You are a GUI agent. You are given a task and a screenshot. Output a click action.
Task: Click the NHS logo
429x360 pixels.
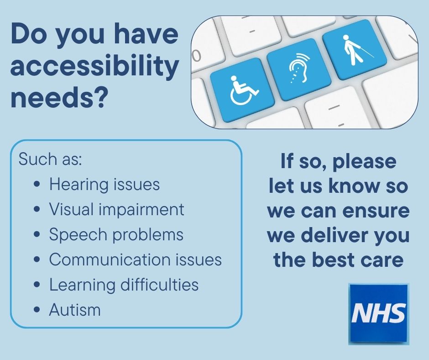379,313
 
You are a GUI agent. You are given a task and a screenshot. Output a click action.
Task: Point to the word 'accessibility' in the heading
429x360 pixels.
94,67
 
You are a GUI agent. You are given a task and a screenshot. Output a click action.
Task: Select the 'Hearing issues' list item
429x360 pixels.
105,185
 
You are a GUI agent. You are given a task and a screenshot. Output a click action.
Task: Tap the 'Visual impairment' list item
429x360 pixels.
117,209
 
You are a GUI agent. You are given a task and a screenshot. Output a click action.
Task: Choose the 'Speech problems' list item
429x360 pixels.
116,234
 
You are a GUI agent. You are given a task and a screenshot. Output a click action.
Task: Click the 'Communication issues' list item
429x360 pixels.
135,259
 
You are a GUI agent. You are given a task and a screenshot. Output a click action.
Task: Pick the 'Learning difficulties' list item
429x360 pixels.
124,285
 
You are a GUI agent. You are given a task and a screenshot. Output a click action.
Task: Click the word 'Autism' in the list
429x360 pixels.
75,310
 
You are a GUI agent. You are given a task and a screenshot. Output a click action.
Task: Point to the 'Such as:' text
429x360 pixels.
49,160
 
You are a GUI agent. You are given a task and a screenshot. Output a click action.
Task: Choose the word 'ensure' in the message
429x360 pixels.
377,211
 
